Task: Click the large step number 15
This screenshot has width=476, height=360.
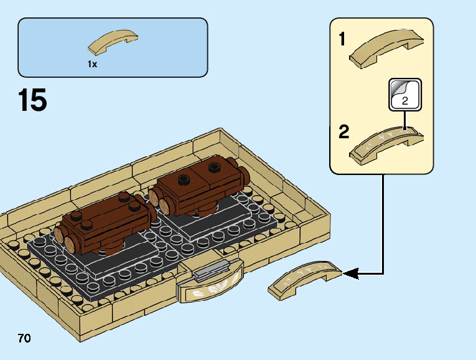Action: pos(33,101)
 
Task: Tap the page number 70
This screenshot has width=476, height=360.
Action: pos(24,339)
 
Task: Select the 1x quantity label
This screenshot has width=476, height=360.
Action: pos(92,64)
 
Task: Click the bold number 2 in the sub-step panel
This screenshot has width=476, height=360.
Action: pos(344,132)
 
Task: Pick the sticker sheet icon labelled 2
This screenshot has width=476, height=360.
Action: pos(404,94)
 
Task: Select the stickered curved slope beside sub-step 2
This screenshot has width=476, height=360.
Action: pos(386,143)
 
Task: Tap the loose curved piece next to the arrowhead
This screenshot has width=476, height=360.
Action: pos(305,278)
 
